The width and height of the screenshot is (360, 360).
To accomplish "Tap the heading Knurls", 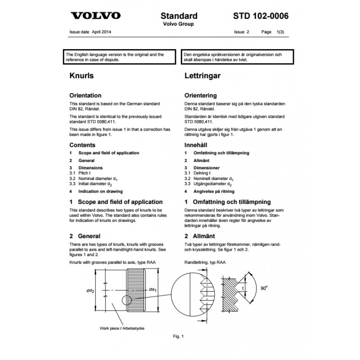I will click(81, 76).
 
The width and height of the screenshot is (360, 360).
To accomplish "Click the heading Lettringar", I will click(202, 76).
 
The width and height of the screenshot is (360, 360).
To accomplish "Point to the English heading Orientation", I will click(85, 95).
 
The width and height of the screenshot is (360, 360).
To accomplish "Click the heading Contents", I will click(82, 145).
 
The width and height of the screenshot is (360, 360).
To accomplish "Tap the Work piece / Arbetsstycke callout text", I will click(122, 328).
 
